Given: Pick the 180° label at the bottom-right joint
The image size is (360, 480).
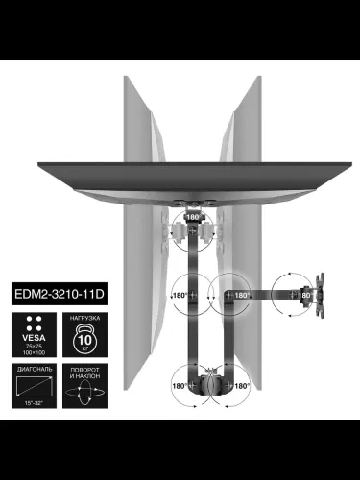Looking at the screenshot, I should click(241, 385).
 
